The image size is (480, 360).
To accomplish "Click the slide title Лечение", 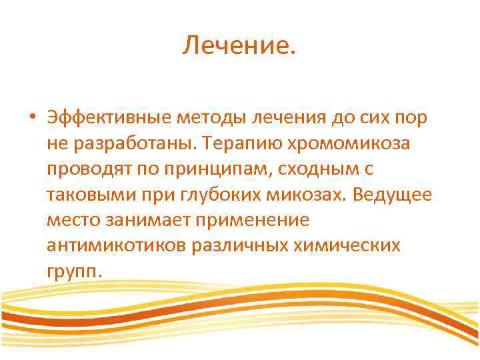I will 239,47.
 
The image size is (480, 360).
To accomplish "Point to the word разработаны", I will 125,143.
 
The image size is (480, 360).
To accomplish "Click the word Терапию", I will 241,143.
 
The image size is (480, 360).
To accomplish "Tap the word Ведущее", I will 393,195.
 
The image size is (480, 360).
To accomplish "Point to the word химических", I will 347,246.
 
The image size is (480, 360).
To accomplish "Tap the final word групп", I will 75,272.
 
